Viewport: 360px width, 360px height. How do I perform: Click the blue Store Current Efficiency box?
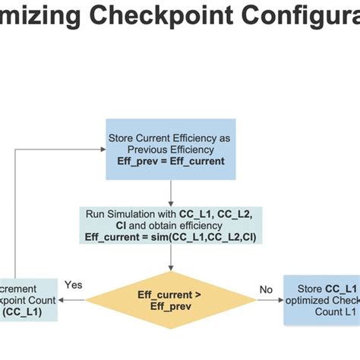point(171,149)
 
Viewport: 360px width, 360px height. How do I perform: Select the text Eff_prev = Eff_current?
point(171,161)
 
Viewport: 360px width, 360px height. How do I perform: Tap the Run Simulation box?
point(171,225)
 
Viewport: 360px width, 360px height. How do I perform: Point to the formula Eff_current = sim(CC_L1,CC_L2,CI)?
point(171,237)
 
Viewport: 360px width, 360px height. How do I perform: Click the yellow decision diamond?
point(171,300)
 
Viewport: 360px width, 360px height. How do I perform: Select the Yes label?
point(74,285)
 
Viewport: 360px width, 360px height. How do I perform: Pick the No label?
point(266,289)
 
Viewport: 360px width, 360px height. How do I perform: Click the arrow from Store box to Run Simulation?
point(171,192)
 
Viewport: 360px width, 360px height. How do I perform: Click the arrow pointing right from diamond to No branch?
point(269,300)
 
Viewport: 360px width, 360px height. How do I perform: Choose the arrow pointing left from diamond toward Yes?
point(73,300)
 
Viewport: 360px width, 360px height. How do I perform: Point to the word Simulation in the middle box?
point(151,213)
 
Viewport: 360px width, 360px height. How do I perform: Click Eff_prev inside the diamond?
point(171,306)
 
